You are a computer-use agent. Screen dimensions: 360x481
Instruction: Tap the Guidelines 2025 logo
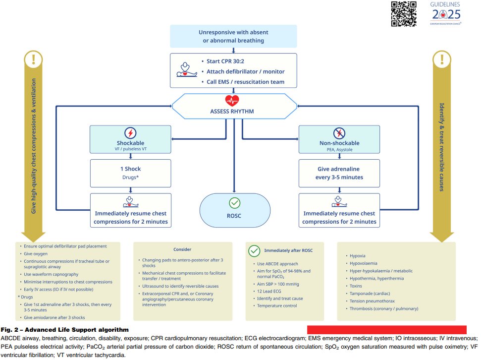coord(445,13)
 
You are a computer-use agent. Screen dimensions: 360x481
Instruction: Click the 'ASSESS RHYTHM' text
coord(232,111)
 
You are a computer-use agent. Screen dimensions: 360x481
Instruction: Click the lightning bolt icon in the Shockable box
coord(131,133)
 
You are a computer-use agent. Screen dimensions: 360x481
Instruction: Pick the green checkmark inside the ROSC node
coord(234,203)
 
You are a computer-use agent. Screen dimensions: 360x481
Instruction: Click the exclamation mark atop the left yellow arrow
coord(34,60)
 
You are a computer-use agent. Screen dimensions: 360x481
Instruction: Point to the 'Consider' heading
coord(182,249)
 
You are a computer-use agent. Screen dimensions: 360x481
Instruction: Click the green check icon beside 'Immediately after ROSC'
coord(255,251)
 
